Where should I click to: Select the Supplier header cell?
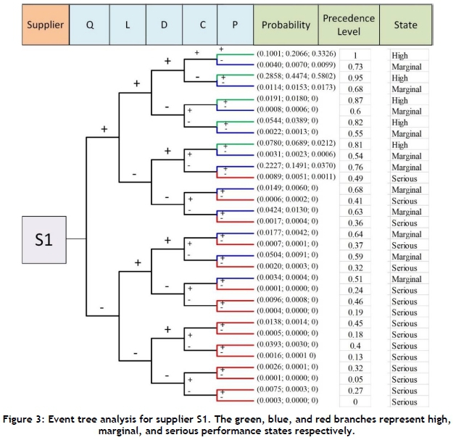click(45, 25)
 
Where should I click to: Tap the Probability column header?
click(286, 25)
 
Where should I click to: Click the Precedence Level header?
click(349, 25)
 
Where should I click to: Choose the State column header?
click(405, 25)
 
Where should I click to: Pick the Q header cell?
click(90, 25)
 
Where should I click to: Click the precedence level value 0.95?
click(356, 78)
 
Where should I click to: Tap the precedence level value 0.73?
click(356, 67)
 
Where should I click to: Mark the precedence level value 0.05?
click(356, 379)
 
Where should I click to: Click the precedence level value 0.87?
click(356, 100)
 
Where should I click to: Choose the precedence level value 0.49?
click(356, 178)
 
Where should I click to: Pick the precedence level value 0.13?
click(356, 357)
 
